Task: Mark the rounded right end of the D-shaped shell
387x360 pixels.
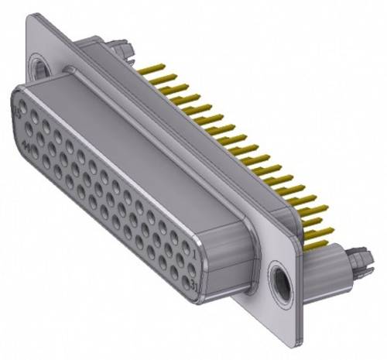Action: pos(232,255)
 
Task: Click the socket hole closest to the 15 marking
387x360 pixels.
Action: pos(28,111)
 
